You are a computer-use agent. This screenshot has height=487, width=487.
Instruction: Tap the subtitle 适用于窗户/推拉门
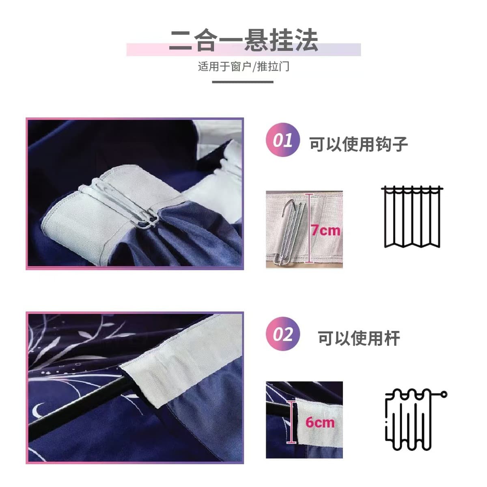(x=243, y=67)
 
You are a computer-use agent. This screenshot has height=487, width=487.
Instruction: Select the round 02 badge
(x=282, y=334)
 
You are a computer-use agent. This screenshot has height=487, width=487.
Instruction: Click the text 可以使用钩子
(x=359, y=144)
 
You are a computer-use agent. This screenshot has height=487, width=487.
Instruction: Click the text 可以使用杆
(x=359, y=338)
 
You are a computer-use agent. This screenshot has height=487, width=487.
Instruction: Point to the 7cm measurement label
(x=326, y=231)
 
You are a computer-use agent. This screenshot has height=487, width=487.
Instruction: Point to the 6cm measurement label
(x=320, y=422)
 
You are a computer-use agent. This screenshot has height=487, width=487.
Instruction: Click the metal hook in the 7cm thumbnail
(x=293, y=231)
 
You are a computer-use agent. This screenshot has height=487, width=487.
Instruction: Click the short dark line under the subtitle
(x=243, y=82)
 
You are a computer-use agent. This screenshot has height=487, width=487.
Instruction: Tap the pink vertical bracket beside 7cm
(x=309, y=228)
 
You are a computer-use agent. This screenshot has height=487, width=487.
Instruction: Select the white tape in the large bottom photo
(x=177, y=359)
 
